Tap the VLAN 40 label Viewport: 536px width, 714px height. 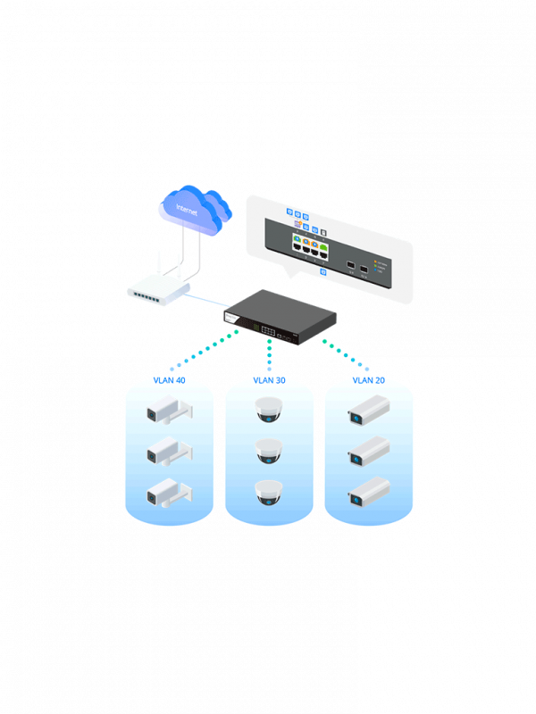point(170,380)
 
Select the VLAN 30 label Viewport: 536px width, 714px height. point(269,380)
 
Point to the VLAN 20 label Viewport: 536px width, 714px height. point(369,380)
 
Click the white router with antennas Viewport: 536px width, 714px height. point(159,288)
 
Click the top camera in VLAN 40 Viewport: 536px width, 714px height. point(168,412)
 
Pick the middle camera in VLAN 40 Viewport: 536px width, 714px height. point(168,452)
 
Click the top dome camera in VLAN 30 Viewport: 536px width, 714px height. point(269,411)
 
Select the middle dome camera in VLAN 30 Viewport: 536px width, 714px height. point(269,451)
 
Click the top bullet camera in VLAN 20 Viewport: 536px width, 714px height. point(368,412)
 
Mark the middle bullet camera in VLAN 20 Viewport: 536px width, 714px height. point(368,452)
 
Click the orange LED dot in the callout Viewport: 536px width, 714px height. point(378,262)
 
